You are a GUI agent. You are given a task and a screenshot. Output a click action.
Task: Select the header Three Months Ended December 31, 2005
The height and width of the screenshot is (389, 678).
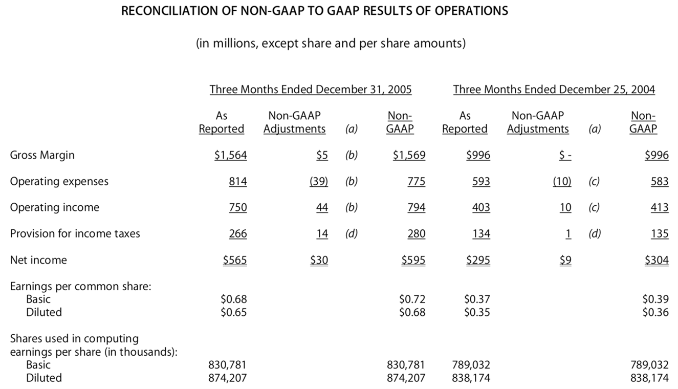coord(311,90)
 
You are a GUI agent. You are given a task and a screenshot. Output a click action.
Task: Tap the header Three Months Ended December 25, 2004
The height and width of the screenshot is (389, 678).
coord(554,90)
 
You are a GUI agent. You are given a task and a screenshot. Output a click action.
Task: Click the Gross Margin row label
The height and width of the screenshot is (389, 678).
coord(42,155)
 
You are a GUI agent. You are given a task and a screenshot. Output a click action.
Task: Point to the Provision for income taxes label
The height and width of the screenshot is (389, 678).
coord(75,233)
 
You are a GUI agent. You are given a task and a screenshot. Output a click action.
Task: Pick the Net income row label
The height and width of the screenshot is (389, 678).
coord(38,260)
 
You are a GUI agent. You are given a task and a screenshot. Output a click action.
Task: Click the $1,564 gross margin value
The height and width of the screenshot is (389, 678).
coord(230,155)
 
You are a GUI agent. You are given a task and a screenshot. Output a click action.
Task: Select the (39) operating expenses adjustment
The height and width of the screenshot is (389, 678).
coord(319,181)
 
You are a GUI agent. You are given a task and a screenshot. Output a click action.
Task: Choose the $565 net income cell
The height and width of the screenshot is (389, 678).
coord(235,260)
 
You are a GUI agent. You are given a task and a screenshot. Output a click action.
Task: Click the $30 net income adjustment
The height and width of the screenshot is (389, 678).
coord(319,260)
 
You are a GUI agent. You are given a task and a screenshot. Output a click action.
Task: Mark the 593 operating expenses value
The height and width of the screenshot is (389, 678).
coord(480,181)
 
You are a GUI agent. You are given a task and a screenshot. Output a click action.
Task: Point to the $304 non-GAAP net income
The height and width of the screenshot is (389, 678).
coord(657,260)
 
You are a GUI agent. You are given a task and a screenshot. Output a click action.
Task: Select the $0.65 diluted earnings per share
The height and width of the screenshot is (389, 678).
coord(233,312)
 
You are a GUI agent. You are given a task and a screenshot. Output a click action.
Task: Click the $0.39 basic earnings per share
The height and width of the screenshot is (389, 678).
coord(655,299)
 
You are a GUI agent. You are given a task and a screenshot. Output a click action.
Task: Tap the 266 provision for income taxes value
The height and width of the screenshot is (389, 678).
coord(237,233)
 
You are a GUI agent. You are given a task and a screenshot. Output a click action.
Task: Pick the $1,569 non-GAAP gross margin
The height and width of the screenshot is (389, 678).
coord(409,155)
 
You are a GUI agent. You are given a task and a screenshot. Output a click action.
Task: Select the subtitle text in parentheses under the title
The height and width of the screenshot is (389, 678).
coord(331,43)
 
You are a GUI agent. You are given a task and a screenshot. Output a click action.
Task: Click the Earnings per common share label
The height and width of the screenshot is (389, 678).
coord(80,286)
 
